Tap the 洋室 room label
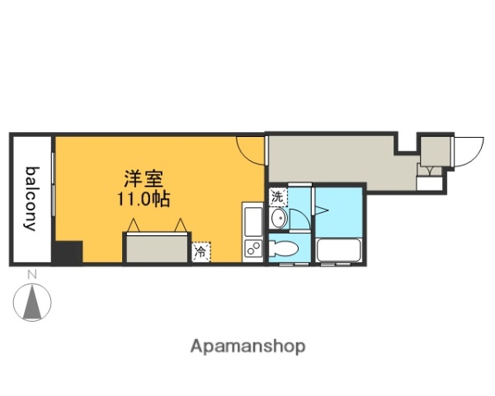(143, 178)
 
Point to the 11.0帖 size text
(142, 199)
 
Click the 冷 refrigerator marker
(200, 252)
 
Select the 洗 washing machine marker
(277, 198)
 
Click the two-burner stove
(253, 248)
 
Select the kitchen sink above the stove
(253, 220)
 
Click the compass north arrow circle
(33, 301)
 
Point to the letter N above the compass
(31, 274)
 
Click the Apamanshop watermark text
(248, 346)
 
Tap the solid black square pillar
(68, 252)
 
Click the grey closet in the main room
(156, 247)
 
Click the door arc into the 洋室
(250, 149)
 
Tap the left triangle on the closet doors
(134, 224)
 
